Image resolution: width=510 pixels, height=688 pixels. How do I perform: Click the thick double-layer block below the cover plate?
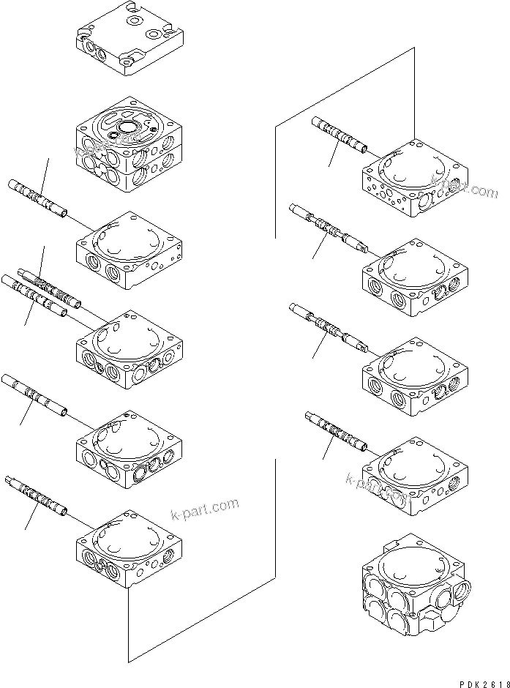(128, 146)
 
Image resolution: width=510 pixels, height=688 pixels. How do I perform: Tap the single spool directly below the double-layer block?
(38, 198)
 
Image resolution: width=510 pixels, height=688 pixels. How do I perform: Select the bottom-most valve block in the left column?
(128, 549)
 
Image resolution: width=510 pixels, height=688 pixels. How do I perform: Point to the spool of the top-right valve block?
(341, 136)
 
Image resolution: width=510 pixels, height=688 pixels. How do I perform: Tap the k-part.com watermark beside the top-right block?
(464, 187)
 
